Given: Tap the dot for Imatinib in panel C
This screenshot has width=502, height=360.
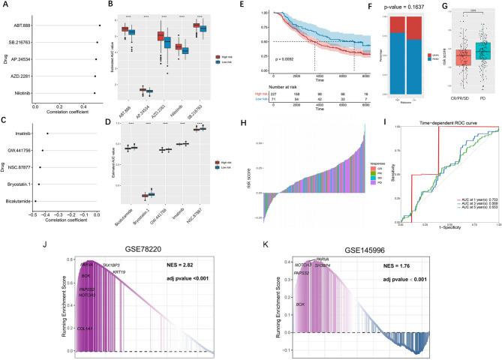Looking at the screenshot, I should click(x=47, y=133).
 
